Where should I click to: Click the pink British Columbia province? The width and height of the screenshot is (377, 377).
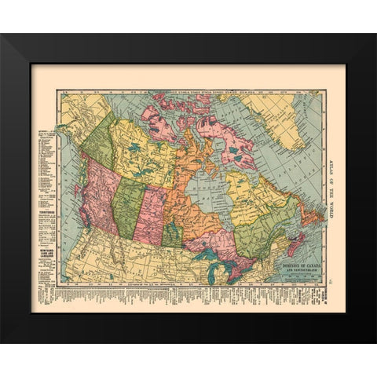(101, 196)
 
